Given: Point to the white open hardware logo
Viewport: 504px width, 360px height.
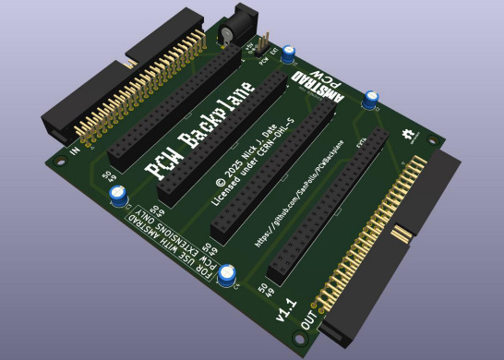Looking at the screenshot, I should click(x=407, y=137).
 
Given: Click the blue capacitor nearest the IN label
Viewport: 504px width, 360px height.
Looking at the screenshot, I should click(x=119, y=194).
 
